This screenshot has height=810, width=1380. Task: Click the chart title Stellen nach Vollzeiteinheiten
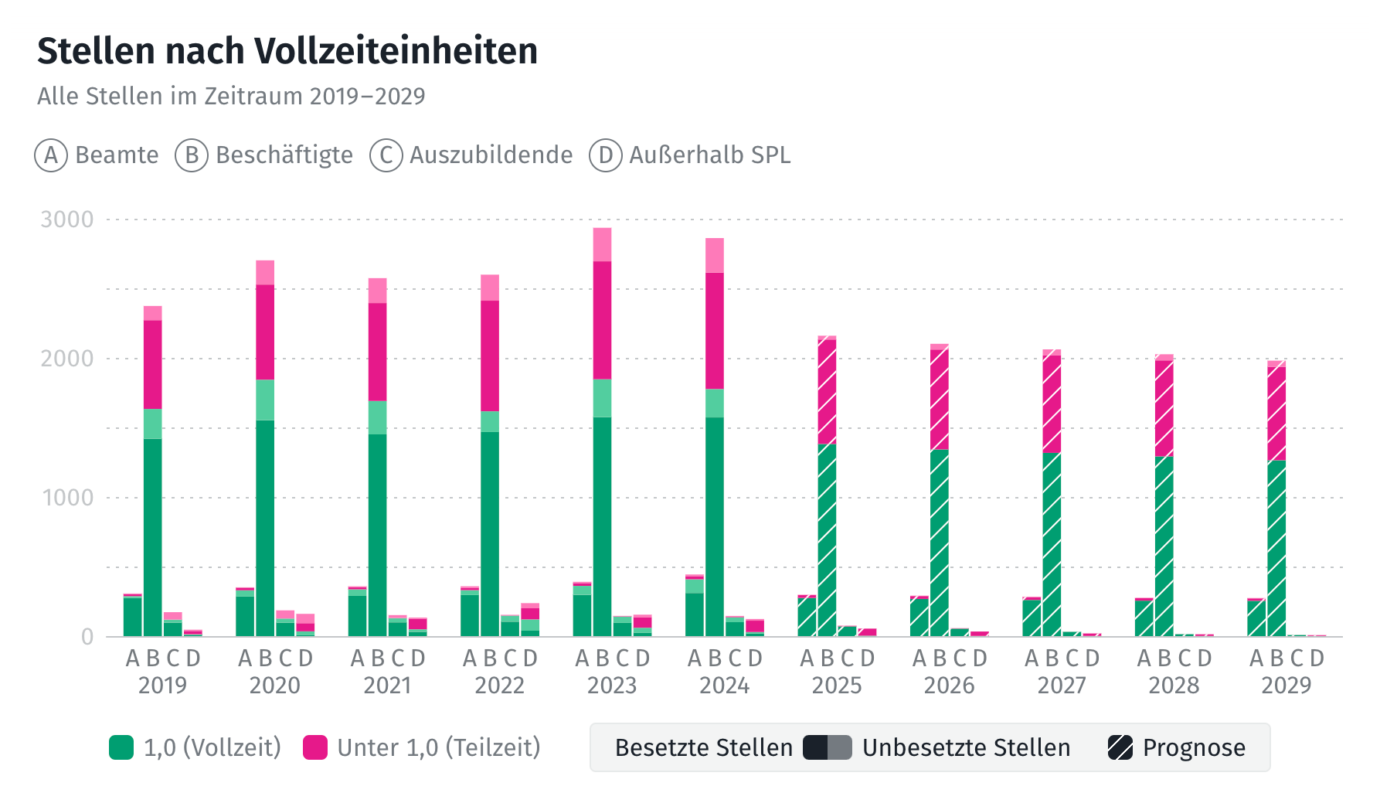point(287,51)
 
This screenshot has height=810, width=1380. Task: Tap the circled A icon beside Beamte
point(51,155)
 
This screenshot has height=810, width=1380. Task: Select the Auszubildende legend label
point(491,155)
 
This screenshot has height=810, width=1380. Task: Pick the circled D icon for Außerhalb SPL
point(606,155)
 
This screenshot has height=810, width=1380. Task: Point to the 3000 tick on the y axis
point(67,220)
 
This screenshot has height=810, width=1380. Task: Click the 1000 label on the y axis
point(67,498)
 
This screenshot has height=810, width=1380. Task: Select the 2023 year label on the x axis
point(612,686)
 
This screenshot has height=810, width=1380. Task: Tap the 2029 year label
point(1287,686)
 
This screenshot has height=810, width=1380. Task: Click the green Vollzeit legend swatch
point(121,747)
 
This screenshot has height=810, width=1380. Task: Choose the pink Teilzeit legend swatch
point(315,747)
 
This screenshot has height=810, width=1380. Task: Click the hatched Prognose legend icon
point(1120,747)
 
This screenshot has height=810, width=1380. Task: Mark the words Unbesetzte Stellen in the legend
point(966,747)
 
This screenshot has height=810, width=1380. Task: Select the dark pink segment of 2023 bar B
point(603,320)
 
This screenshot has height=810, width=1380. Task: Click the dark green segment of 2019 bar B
point(153,537)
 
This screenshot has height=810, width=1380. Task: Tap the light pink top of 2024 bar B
point(715,255)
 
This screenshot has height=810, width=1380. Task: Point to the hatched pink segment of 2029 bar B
point(1276,414)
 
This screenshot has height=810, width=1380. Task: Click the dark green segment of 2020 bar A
point(245,616)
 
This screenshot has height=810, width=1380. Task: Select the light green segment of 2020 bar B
point(265,400)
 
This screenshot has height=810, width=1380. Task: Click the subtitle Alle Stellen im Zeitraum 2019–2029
point(231,97)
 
